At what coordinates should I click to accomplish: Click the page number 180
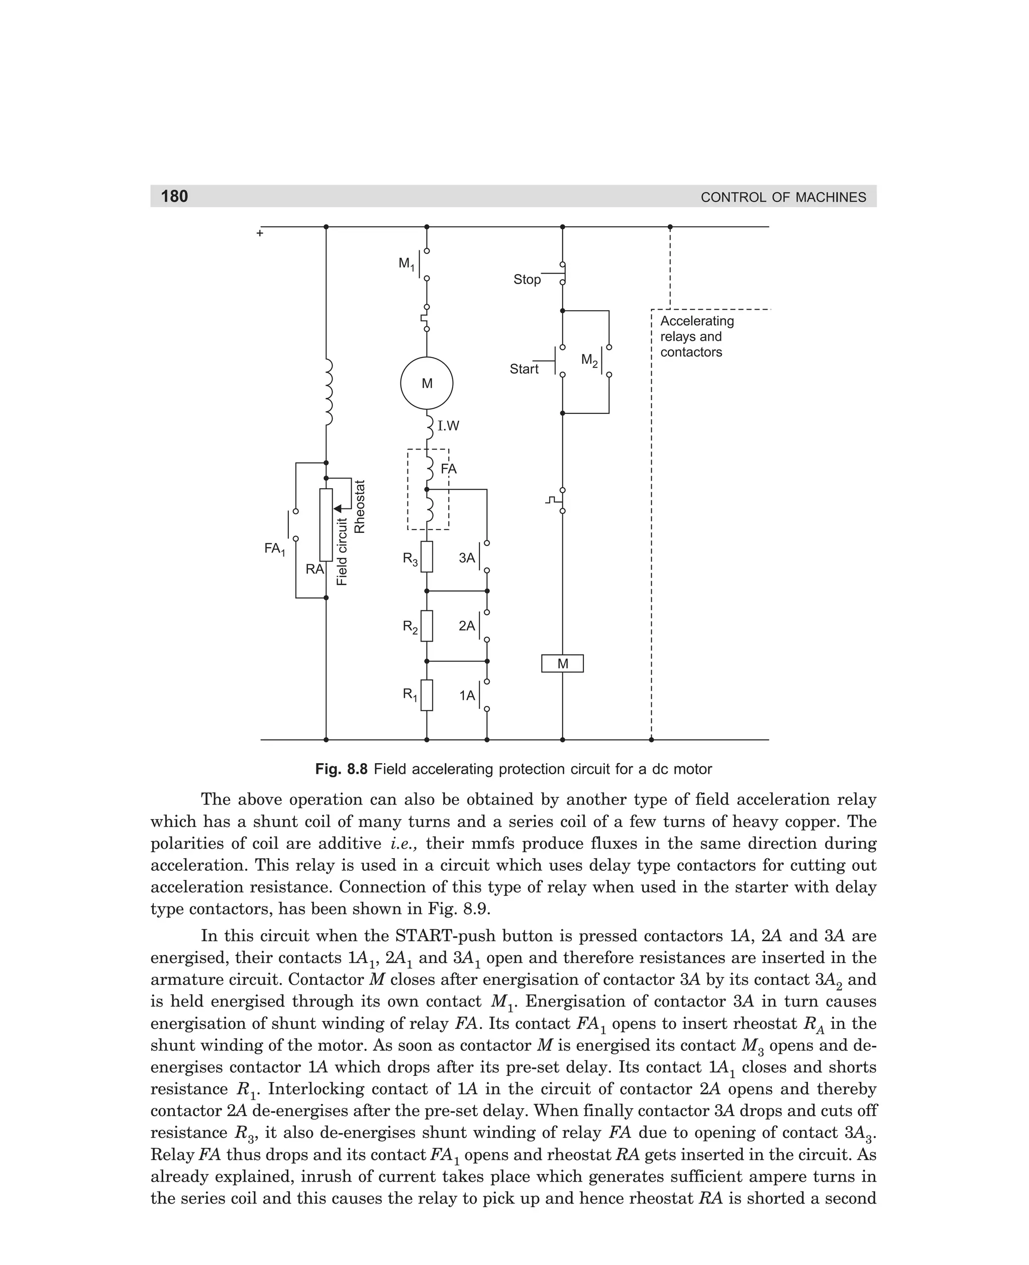point(174,196)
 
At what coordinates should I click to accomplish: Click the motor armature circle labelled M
point(427,383)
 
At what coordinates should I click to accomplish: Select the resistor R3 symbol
point(427,557)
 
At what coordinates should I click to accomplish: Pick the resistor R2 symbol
point(427,625)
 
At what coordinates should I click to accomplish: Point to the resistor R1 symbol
point(427,695)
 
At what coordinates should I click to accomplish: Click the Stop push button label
point(527,280)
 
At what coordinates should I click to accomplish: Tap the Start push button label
point(524,369)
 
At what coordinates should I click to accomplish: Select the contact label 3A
point(467,558)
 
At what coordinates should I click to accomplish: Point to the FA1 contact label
point(274,549)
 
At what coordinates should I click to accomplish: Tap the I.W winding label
point(448,426)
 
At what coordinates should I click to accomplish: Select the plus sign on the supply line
point(260,234)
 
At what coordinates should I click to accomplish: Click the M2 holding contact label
point(589,360)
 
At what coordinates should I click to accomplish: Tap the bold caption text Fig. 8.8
point(342,769)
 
